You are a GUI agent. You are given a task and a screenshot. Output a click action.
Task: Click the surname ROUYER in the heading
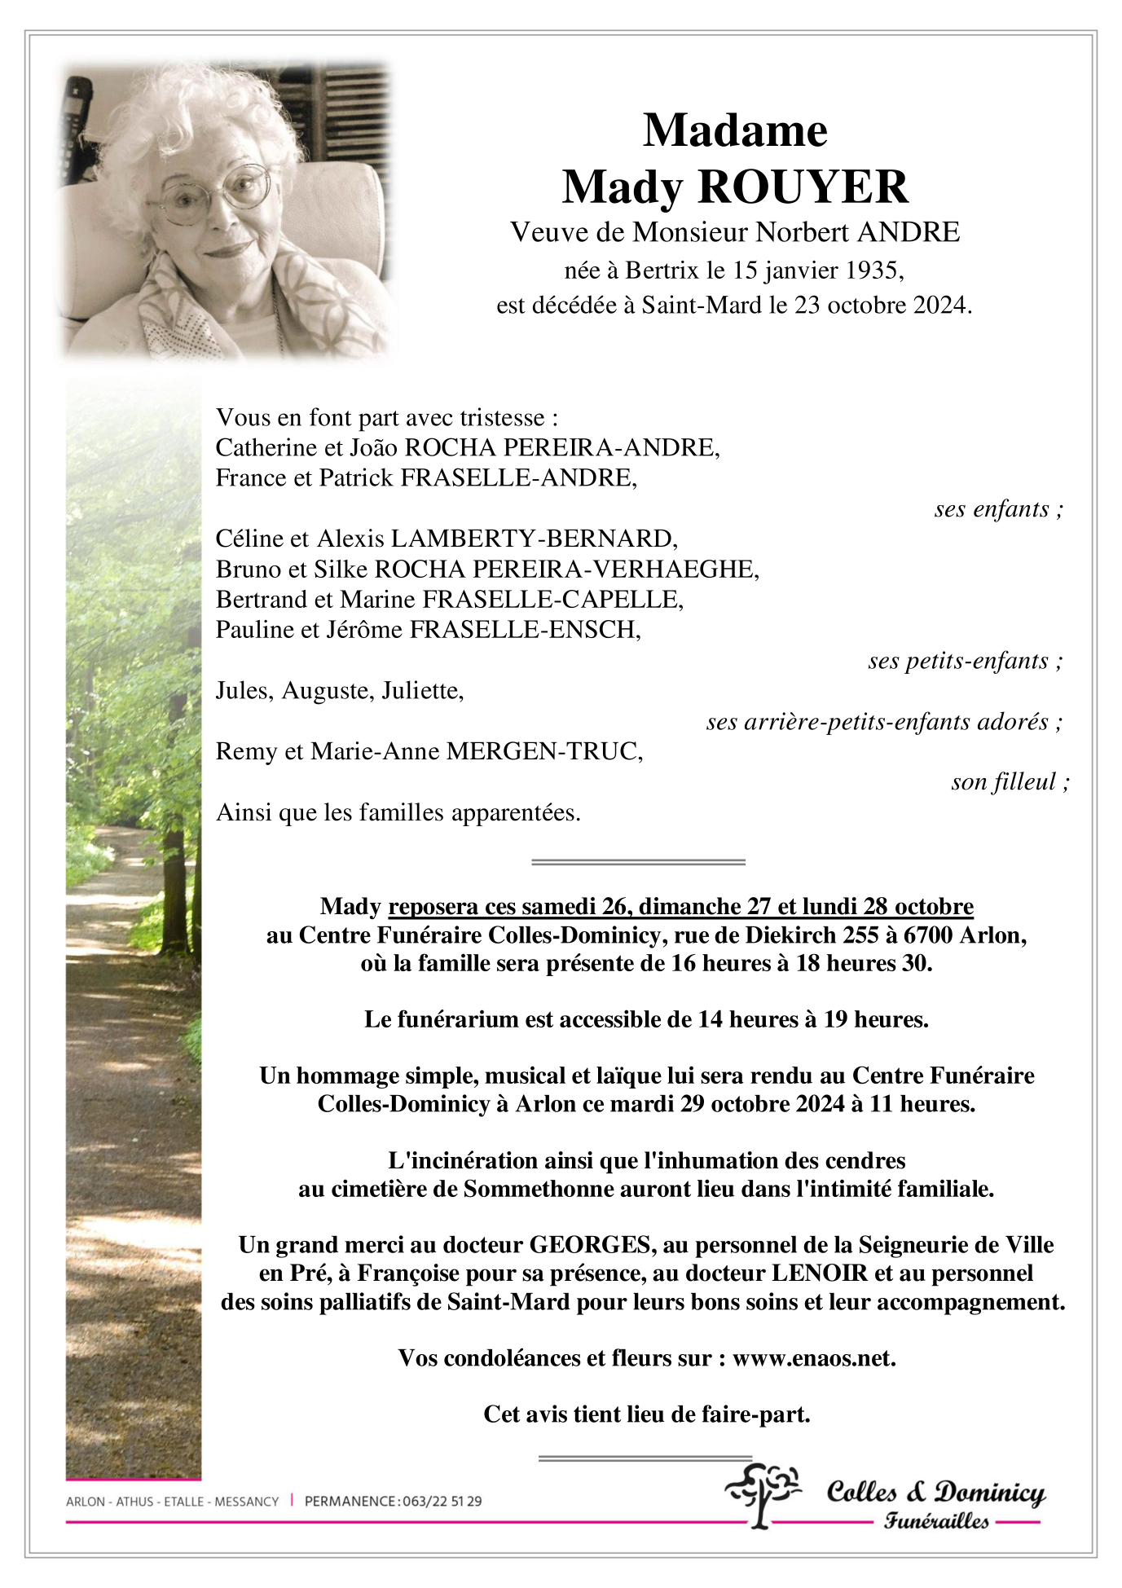(803, 187)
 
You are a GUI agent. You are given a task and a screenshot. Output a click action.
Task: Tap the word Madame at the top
(735, 130)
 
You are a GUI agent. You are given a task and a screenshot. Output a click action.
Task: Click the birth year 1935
(873, 270)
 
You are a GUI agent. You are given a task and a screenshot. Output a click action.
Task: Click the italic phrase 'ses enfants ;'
(998, 508)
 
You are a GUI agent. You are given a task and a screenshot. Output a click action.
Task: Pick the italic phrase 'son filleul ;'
(1010, 782)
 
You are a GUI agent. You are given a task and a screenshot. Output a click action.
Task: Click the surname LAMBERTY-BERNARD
(534, 539)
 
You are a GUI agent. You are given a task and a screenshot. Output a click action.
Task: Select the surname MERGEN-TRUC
(544, 751)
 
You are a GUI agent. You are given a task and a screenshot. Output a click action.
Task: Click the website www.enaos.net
(813, 1358)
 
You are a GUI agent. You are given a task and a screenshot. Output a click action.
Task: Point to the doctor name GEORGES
(591, 1245)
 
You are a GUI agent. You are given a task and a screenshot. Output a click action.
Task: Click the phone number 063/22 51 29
(442, 1501)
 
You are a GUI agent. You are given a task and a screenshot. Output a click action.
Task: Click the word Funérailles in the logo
(937, 1521)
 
